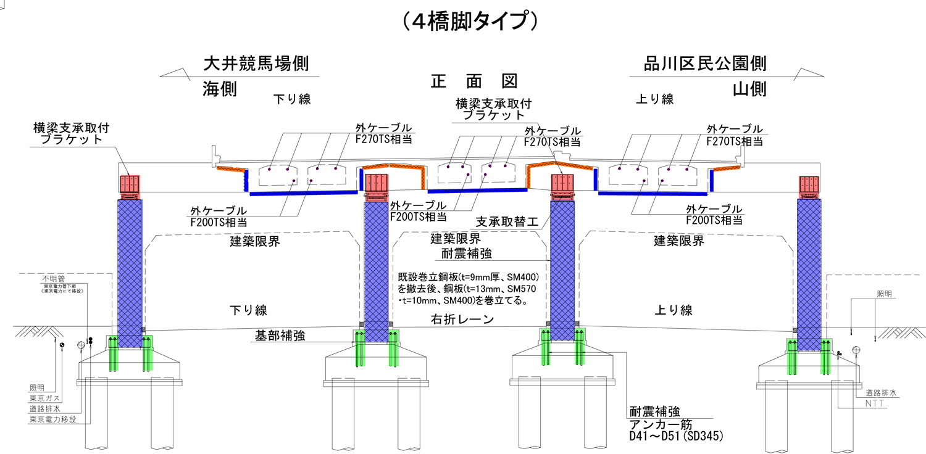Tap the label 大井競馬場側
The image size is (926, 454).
[256, 64]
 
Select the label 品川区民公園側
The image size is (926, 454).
[705, 64]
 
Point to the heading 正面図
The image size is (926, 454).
[473, 81]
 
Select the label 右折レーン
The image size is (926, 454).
[462, 320]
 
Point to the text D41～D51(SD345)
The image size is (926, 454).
[676, 437]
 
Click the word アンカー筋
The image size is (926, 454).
[660, 425]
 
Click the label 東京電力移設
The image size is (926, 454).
[52, 419]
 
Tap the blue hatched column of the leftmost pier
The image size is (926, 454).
[130, 271]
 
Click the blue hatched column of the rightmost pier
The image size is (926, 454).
[809, 271]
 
